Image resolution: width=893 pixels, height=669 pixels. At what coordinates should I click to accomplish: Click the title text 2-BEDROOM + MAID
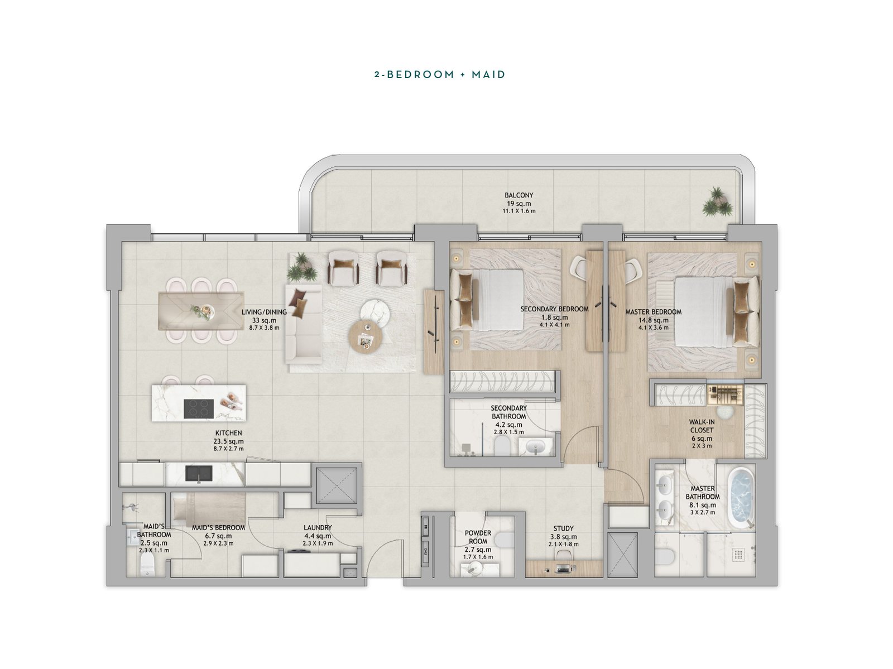click(x=440, y=74)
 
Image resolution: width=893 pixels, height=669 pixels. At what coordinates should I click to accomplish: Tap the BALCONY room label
click(x=518, y=195)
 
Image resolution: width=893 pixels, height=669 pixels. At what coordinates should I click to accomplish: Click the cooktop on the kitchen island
click(x=199, y=409)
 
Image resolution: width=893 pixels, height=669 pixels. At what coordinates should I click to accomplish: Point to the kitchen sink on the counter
click(x=199, y=474)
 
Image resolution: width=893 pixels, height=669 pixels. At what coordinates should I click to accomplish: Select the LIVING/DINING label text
click(x=264, y=312)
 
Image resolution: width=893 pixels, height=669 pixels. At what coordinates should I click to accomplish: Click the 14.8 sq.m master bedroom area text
click(x=654, y=320)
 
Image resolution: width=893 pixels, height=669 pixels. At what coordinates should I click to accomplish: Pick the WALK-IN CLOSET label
click(x=702, y=426)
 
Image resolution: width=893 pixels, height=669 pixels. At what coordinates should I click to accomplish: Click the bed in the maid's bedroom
click(x=209, y=508)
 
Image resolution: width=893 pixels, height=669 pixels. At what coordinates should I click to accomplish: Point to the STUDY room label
click(x=564, y=528)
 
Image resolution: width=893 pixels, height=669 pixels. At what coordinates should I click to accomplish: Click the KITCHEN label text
click(x=229, y=433)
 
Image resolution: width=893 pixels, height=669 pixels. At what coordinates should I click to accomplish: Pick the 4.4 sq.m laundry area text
click(x=318, y=536)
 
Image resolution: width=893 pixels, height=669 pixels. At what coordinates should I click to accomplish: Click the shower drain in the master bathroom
click(x=738, y=554)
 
